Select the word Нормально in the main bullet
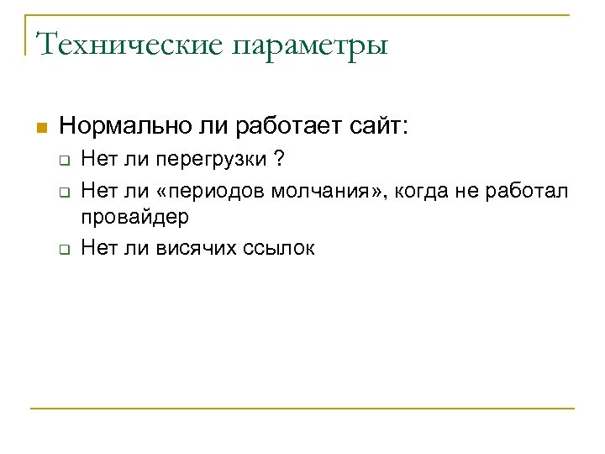[115, 127]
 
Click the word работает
[290, 127]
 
